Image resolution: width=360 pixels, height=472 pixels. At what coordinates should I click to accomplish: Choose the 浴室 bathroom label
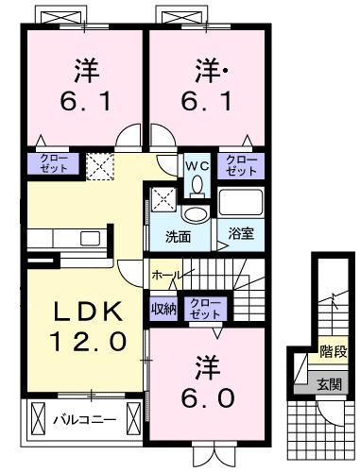click(240, 233)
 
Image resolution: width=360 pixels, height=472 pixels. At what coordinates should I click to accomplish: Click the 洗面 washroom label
click(178, 235)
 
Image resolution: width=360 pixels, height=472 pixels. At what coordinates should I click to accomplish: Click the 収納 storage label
click(163, 307)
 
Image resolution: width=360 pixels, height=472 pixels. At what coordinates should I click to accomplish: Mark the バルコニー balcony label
click(84, 416)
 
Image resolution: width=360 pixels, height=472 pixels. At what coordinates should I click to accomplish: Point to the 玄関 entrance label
click(331, 383)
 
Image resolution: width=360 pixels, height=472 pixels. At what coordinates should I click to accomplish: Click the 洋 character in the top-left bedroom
click(84, 69)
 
